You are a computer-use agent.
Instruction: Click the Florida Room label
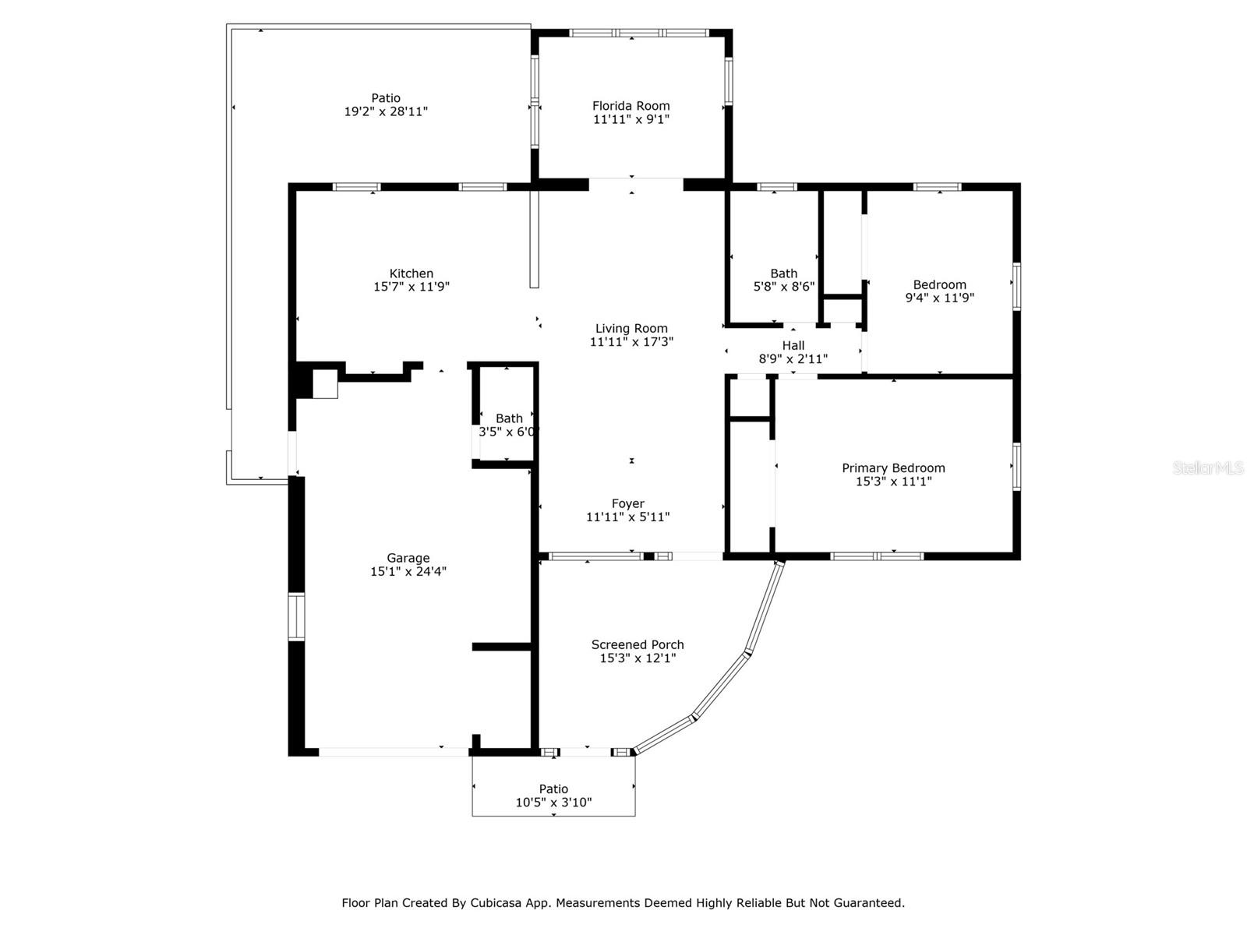(631, 106)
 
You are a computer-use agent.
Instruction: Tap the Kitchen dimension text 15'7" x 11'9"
(412, 287)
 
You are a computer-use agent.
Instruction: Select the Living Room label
(631, 328)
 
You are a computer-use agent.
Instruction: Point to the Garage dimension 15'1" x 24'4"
(408, 571)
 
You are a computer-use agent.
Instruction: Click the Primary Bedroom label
(893, 468)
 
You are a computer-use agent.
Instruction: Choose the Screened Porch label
(638, 645)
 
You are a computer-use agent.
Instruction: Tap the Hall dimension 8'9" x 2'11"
(793, 358)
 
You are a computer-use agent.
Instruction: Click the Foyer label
(627, 503)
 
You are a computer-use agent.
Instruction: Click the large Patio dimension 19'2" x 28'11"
(386, 111)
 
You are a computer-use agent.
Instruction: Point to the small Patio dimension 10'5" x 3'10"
(553, 803)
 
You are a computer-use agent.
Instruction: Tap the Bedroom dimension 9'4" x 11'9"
(940, 298)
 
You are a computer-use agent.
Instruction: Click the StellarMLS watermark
(1208, 468)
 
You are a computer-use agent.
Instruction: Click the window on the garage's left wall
(296, 617)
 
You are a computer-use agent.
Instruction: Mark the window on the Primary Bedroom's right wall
(1016, 467)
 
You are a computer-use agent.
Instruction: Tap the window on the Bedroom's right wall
(1016, 286)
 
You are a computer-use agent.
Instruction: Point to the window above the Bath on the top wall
(777, 187)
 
